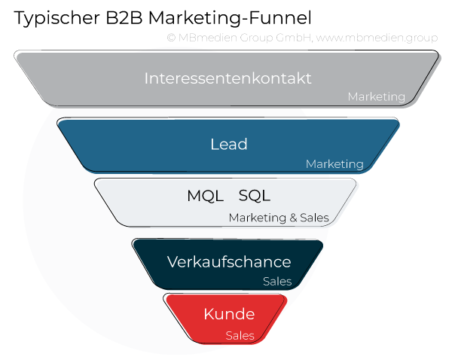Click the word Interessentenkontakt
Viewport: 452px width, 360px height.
228,78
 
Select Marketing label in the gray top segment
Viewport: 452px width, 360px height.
376,97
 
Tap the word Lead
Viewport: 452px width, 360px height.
228,145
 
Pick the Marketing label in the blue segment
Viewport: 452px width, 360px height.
334,164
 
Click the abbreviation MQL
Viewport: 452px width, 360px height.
205,197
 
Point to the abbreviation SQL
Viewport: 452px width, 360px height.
254,197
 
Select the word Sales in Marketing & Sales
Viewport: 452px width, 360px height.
314,218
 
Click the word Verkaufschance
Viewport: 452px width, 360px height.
228,262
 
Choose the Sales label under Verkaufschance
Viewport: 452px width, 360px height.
276,282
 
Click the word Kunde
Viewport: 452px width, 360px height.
229,315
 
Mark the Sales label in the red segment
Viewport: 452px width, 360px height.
240,336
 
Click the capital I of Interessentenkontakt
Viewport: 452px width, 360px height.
146,78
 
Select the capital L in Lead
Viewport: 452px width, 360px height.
214,145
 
